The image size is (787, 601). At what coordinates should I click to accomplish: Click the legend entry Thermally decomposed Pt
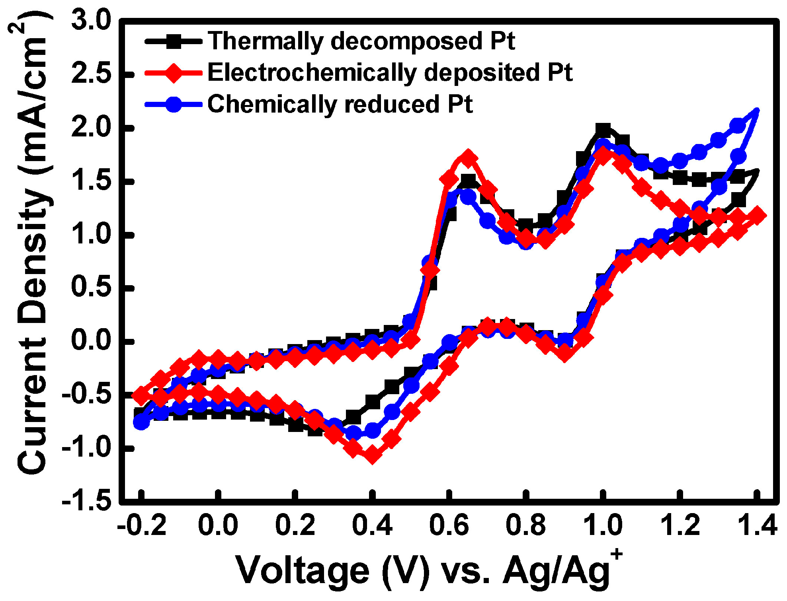click(x=361, y=41)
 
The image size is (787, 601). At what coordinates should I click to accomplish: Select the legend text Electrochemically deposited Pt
click(x=390, y=73)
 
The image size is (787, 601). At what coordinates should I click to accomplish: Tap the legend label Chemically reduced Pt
click(x=340, y=104)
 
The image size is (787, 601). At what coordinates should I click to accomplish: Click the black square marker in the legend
click(x=174, y=41)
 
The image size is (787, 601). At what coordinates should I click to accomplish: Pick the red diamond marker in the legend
click(x=174, y=73)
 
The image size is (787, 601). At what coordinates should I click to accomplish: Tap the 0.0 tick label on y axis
click(x=91, y=341)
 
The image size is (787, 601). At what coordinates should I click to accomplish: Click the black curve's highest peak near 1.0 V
click(x=603, y=130)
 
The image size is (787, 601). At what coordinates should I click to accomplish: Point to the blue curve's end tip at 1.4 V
click(x=756, y=111)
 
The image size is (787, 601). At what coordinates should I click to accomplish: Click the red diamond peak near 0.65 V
click(x=468, y=158)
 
